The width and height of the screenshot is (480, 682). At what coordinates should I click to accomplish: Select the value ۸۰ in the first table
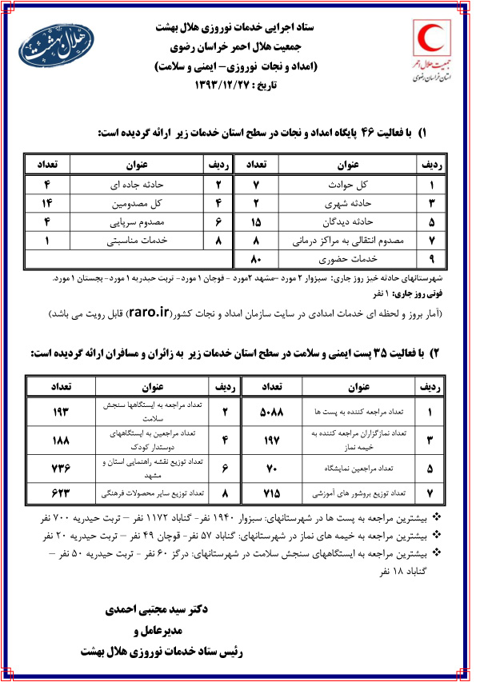[x=257, y=258]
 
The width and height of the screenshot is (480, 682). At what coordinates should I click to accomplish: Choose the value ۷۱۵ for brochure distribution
[x=273, y=493]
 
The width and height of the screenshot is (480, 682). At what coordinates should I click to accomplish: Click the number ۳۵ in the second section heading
[x=369, y=353]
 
